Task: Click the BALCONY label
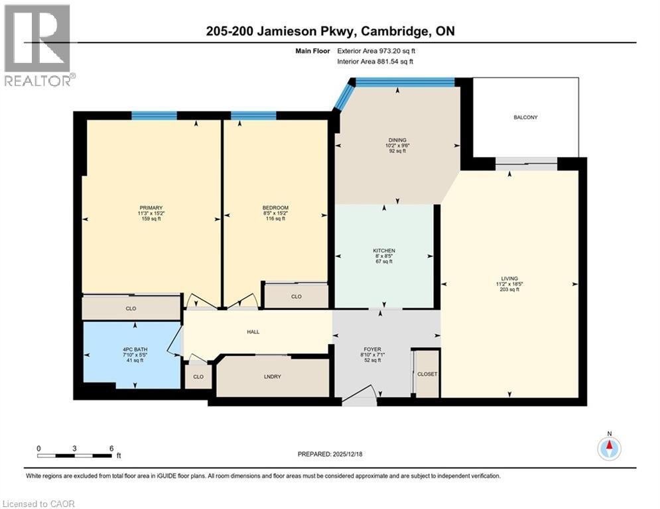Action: (525, 117)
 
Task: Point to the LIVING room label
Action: (509, 278)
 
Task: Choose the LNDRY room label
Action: (272, 376)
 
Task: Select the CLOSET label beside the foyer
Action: (427, 374)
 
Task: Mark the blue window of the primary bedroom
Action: (154, 116)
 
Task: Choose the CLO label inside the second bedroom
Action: (296, 296)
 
